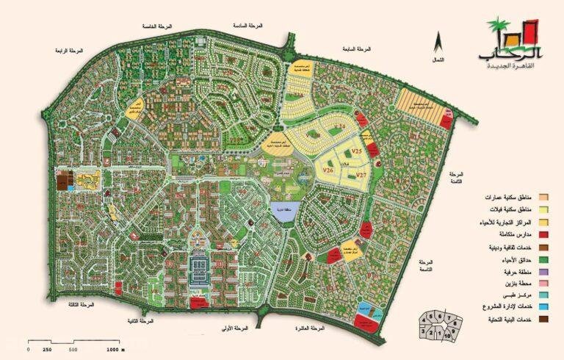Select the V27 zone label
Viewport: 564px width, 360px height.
pos(360,174)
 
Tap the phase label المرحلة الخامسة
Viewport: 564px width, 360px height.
pos(161,26)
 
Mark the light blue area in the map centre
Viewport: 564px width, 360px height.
pos(279,211)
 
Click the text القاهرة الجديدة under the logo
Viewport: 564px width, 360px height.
pos(514,67)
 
